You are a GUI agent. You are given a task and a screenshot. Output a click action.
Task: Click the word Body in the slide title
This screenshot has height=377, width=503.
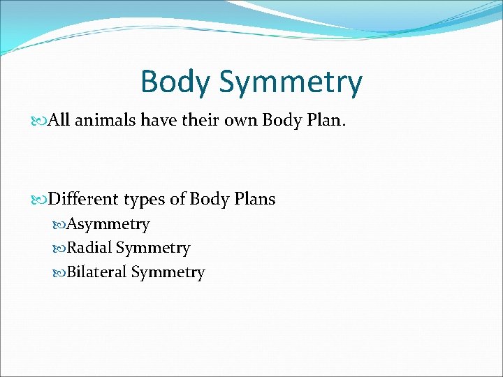(175, 82)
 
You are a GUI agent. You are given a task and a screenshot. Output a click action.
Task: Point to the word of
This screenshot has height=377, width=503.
(179, 199)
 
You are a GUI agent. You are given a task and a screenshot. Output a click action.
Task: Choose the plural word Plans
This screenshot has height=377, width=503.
(253, 199)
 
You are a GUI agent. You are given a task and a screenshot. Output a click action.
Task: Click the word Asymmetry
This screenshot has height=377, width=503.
(108, 225)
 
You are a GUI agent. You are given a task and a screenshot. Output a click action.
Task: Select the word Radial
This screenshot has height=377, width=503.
(89, 248)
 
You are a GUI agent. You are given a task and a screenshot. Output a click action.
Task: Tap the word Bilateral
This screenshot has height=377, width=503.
(97, 272)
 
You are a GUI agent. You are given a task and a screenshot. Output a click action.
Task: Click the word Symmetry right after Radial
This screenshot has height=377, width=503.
(153, 249)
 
